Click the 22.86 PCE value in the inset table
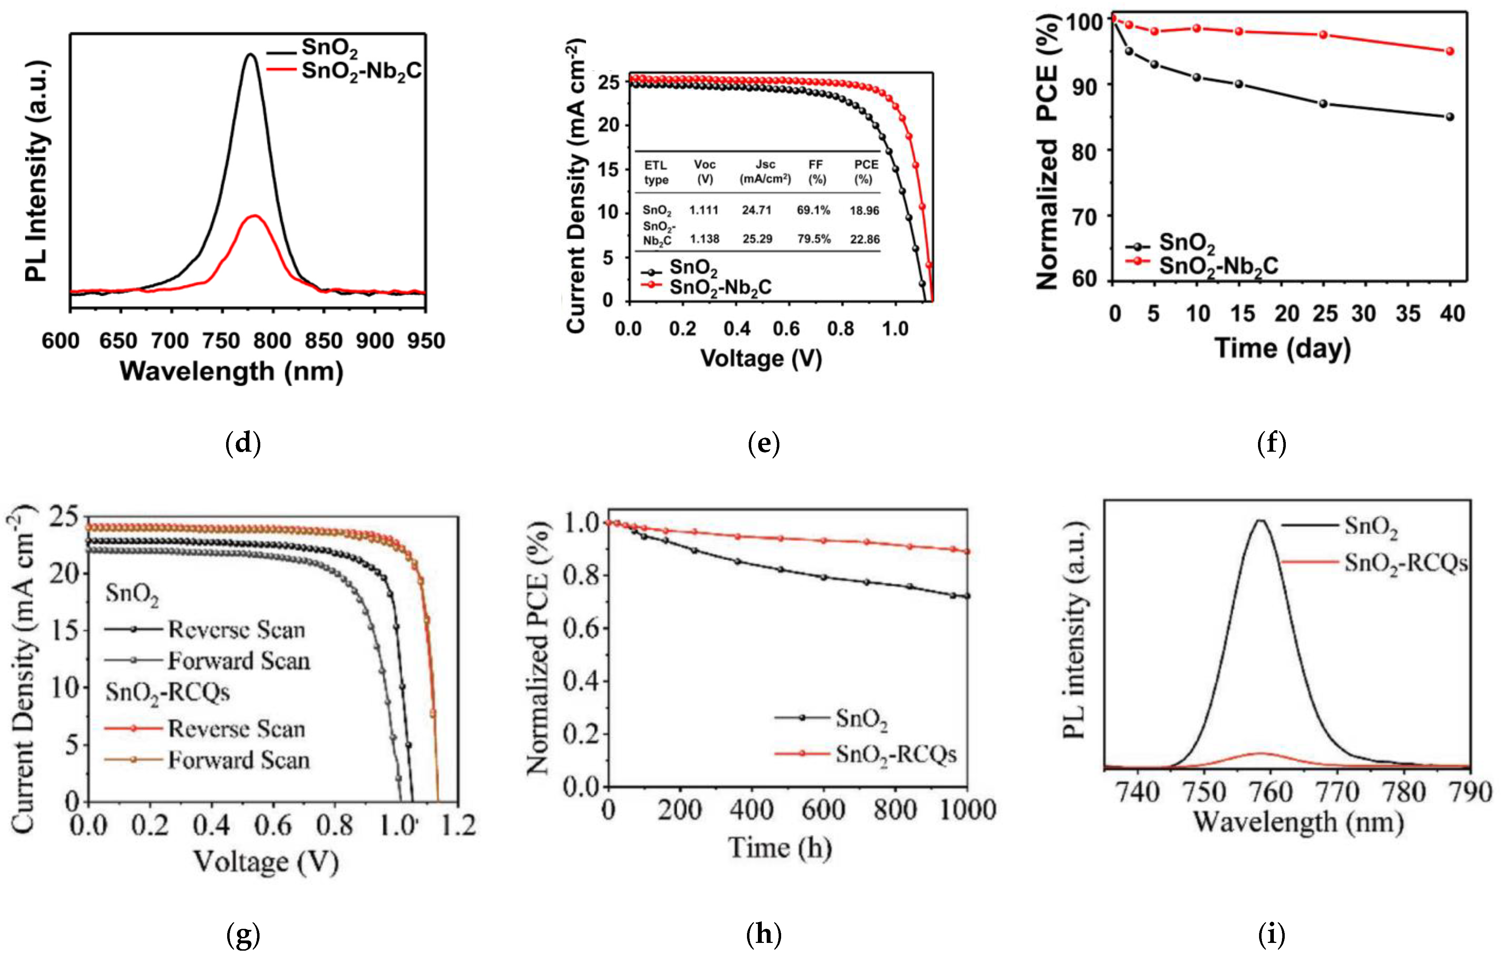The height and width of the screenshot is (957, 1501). [865, 239]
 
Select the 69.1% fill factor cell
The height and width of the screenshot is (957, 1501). [814, 210]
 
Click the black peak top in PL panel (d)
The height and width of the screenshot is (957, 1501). [251, 55]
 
